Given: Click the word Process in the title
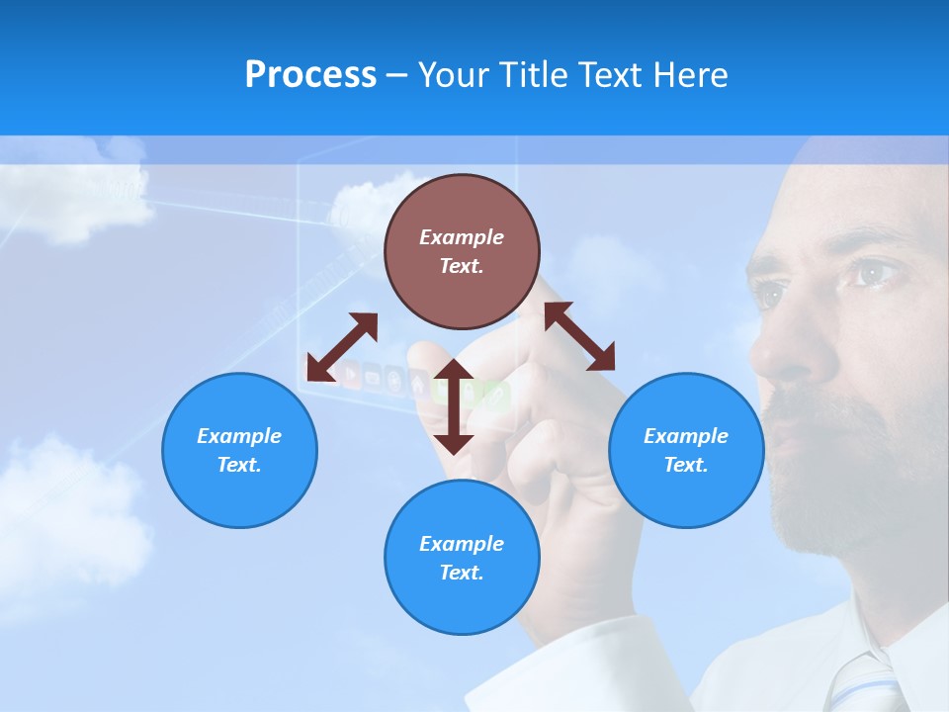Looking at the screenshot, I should (x=310, y=74).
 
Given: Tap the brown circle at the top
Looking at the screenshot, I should (x=462, y=251).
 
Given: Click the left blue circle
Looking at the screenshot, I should (x=239, y=450).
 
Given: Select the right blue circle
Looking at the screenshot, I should (x=686, y=450).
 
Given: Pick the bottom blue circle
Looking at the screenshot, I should (x=462, y=557).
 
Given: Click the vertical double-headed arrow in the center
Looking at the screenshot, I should (x=454, y=406).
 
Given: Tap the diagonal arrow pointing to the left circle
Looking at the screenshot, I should (x=342, y=347).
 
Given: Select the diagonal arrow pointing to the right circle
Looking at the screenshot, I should (x=580, y=336).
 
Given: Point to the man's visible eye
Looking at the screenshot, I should (x=876, y=273).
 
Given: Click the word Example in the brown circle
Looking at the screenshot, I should (x=462, y=237).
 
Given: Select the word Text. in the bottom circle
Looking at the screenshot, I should (x=462, y=573).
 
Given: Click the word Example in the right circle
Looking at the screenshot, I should (x=686, y=436).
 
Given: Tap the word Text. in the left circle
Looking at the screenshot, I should (x=239, y=465).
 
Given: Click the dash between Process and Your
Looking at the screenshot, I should (x=396, y=75).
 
